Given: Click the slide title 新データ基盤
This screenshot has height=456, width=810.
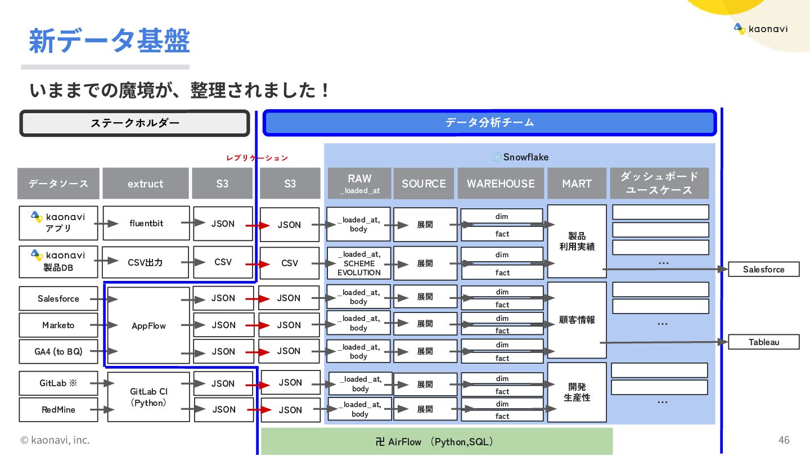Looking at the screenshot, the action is pyautogui.click(x=109, y=41).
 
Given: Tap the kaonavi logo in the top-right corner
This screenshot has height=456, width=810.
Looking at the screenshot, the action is pyautogui.click(x=760, y=29).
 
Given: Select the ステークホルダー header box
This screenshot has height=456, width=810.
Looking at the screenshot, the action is pyautogui.click(x=135, y=123).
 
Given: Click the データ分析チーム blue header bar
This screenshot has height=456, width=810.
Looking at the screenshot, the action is pyautogui.click(x=489, y=123).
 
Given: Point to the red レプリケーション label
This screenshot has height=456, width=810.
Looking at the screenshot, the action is pyautogui.click(x=257, y=158).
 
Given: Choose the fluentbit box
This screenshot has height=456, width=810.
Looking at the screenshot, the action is pyautogui.click(x=146, y=223).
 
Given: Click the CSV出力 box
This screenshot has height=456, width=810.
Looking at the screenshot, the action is pyautogui.click(x=145, y=262).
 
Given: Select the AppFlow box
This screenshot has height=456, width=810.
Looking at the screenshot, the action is pyautogui.click(x=148, y=325).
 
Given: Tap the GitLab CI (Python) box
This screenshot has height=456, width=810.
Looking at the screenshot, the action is pyautogui.click(x=148, y=397).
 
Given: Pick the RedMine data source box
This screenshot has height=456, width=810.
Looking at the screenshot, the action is pyautogui.click(x=58, y=409).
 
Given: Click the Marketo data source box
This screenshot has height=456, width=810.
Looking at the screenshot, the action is pyautogui.click(x=58, y=325).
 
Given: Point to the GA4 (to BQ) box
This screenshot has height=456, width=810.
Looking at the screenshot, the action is pyautogui.click(x=58, y=351).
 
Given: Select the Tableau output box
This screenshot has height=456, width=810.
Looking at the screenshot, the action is pyautogui.click(x=763, y=342).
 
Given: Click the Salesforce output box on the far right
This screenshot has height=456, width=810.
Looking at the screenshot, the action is pyautogui.click(x=763, y=269).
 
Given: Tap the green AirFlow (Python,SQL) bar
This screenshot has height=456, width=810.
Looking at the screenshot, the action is pyautogui.click(x=436, y=441).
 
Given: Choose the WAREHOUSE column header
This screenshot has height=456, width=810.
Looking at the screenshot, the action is pyautogui.click(x=501, y=184).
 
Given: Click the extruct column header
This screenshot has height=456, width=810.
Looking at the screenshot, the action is pyautogui.click(x=145, y=184).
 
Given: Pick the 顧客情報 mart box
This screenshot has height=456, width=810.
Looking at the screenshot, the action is pyautogui.click(x=577, y=320).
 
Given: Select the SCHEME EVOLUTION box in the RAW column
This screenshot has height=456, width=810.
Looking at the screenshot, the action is pyautogui.click(x=359, y=263).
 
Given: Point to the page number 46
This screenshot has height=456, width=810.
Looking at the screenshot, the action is pyautogui.click(x=784, y=440).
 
